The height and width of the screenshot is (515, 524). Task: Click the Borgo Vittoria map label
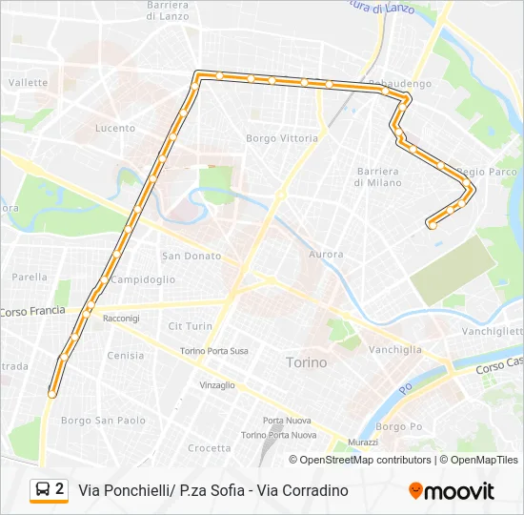tap(282, 138)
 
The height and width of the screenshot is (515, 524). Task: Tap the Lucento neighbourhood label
tap(115, 129)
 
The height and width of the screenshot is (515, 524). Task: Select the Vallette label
tap(28, 83)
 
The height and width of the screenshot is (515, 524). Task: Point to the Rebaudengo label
tap(399, 84)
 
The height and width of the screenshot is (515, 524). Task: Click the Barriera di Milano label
tap(378, 176)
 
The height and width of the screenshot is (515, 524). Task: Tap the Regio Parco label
tap(486, 173)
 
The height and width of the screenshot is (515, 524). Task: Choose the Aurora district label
tap(327, 255)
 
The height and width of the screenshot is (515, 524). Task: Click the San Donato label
tap(191, 256)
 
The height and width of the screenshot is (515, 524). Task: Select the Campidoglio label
tap(143, 279)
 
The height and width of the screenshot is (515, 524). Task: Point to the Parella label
tap(29, 278)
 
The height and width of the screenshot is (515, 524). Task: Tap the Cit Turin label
tap(191, 326)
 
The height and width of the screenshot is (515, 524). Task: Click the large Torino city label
tap(306, 362)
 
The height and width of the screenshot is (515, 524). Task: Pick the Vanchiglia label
tap(394, 349)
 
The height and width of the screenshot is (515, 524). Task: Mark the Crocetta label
tap(209, 448)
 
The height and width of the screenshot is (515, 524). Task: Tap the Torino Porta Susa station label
tap(214, 351)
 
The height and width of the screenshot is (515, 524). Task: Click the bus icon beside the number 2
tap(43, 490)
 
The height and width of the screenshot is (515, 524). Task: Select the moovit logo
tap(452, 490)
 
